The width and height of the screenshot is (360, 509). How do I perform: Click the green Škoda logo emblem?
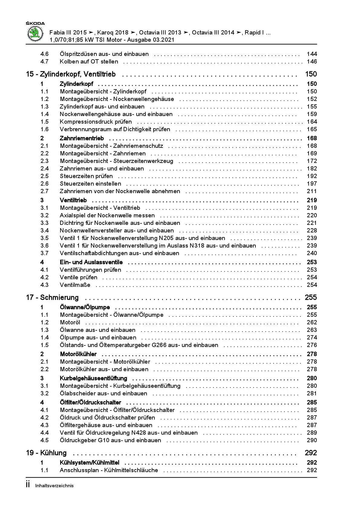35,34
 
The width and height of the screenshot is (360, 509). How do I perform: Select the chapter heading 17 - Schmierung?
52,297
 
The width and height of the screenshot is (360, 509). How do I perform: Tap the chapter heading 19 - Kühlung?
46,453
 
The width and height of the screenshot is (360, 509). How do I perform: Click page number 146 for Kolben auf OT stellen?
312,61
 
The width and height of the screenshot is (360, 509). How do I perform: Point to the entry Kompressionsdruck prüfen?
96,122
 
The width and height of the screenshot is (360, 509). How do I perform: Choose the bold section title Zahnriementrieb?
82,138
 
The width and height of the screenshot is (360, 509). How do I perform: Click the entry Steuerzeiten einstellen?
90,183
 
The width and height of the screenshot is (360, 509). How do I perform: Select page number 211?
312,191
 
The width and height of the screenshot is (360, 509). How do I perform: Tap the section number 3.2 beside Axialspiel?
44,215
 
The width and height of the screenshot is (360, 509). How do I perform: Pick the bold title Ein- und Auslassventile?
91,262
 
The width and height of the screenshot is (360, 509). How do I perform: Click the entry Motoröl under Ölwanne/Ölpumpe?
70,322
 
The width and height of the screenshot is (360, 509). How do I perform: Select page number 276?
312,345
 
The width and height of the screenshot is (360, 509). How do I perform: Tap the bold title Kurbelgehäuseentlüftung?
93,378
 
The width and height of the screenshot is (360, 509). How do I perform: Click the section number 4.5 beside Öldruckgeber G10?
44,440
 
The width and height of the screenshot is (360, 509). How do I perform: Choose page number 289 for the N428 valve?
312,433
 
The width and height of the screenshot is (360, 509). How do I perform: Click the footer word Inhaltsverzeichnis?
54,486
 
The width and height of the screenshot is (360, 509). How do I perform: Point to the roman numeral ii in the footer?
28,485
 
